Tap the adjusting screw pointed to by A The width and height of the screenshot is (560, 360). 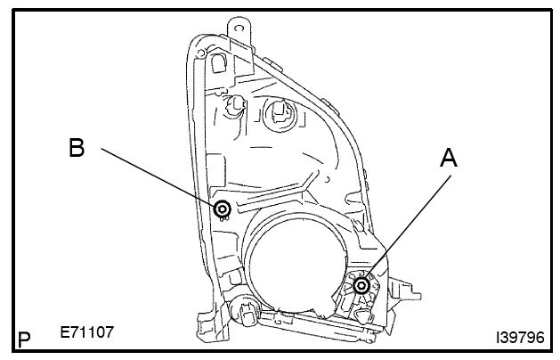(361, 285)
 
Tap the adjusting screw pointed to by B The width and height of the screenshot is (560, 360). (222, 209)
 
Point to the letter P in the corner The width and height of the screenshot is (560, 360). (25, 340)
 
